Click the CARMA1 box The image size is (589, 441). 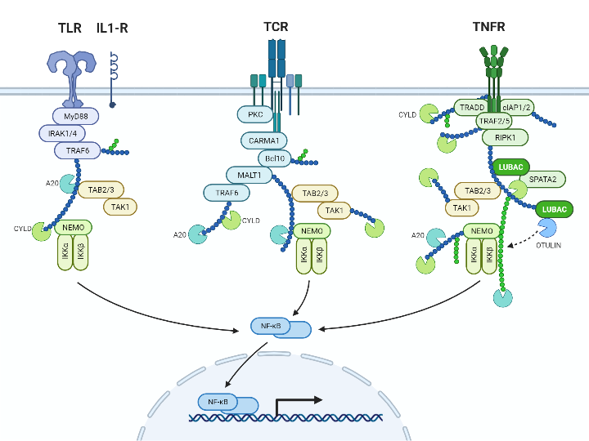click(x=263, y=140)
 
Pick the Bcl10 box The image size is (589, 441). click(x=275, y=158)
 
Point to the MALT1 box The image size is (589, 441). click(x=249, y=174)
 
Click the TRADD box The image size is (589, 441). click(x=472, y=107)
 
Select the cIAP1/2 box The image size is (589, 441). click(x=517, y=107)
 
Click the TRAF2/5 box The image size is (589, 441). click(x=494, y=122)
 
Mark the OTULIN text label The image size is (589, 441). click(x=548, y=246)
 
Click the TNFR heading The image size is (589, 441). click(x=488, y=27)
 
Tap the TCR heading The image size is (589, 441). click(x=276, y=27)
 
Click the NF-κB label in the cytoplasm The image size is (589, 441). click(x=271, y=327)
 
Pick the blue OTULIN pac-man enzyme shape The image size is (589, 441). click(x=547, y=228)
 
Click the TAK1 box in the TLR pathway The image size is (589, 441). click(x=120, y=207)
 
